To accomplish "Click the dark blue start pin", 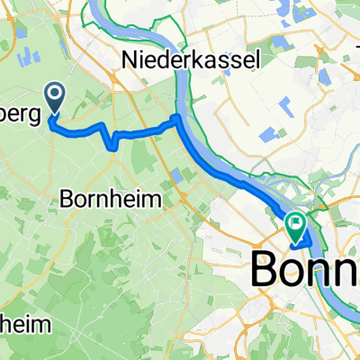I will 54,98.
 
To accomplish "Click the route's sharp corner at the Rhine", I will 177,117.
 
